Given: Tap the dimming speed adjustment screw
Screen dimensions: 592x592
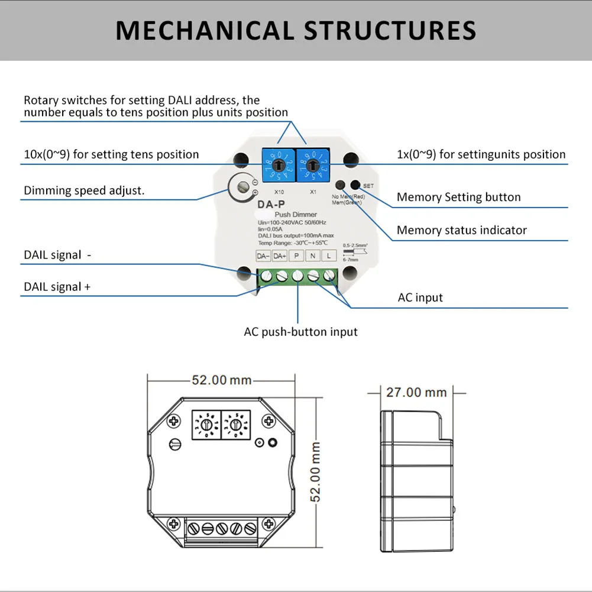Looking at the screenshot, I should click(x=242, y=187).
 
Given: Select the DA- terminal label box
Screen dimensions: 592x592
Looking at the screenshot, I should click(x=263, y=256).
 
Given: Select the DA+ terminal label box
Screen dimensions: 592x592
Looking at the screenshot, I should click(x=280, y=256).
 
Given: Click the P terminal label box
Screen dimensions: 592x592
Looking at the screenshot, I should click(x=296, y=256).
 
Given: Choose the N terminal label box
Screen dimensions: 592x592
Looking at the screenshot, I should click(x=313, y=256).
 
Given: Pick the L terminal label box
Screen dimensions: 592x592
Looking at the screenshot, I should click(x=329, y=256).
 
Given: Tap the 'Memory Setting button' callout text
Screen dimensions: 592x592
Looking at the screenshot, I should click(x=458, y=197).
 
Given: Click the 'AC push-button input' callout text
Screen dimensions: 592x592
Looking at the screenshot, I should click(x=300, y=332).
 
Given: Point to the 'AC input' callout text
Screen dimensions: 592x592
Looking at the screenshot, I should click(x=420, y=297).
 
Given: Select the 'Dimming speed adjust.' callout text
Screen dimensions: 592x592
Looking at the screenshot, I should click(x=84, y=190).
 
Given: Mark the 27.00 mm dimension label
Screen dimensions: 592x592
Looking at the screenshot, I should click(x=416, y=392).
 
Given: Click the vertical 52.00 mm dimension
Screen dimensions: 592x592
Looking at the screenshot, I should click(x=316, y=471).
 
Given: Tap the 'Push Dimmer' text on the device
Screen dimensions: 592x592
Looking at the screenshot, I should click(x=296, y=214).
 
